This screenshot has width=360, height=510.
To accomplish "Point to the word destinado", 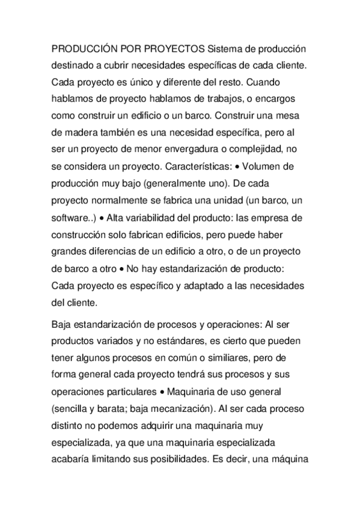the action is click(x=75, y=64).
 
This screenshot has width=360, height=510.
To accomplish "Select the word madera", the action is click(x=87, y=130).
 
